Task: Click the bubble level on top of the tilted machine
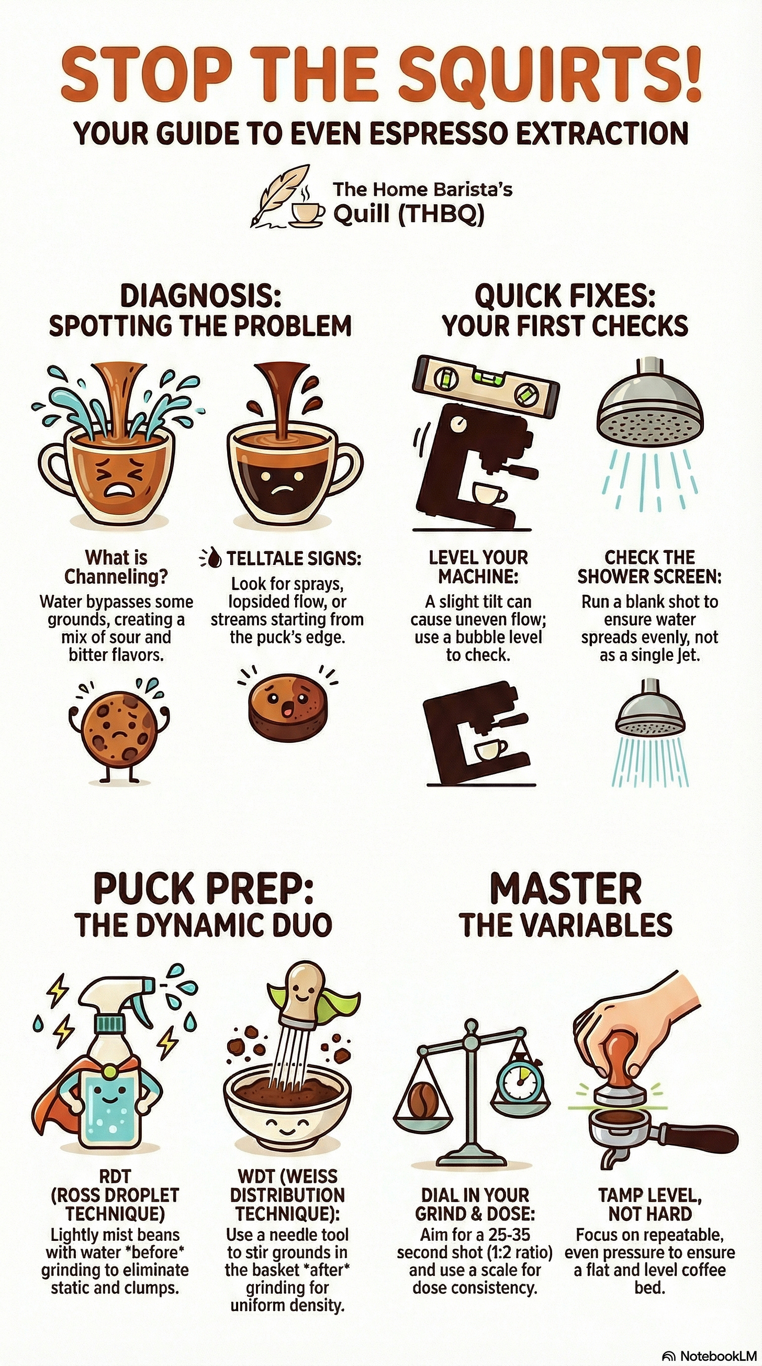(485, 380)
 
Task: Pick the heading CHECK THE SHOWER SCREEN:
(649, 567)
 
